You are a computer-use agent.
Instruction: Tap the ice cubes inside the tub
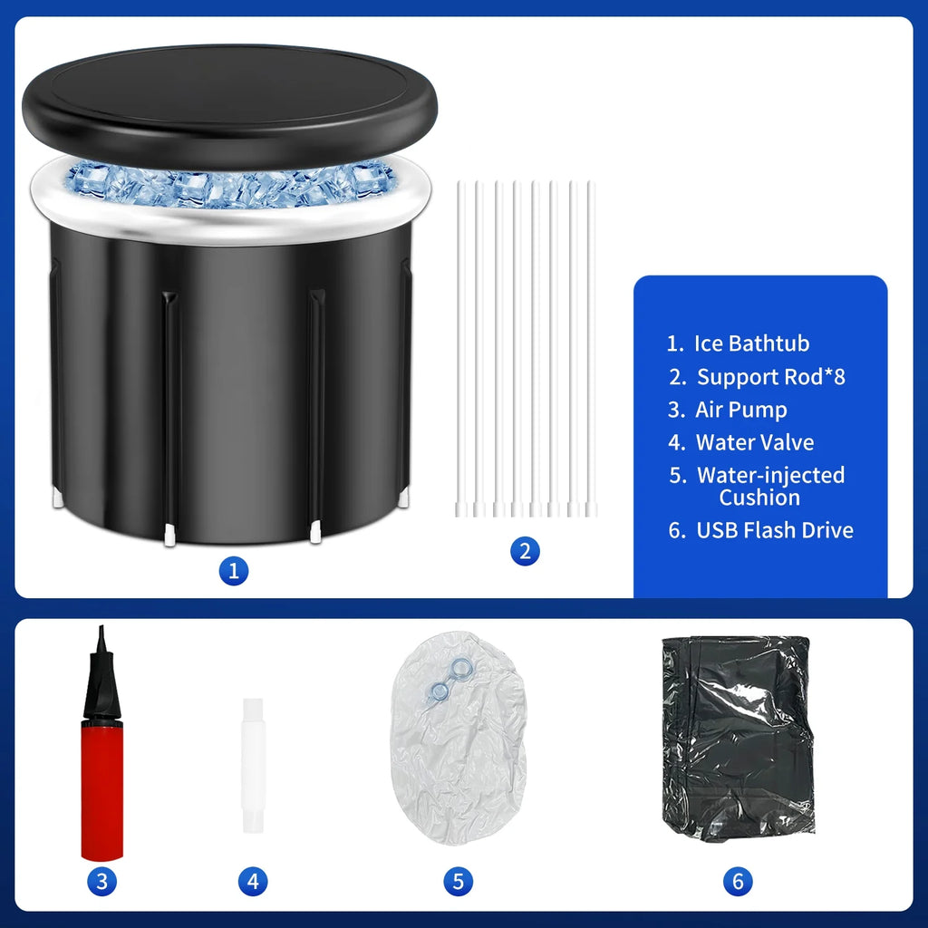click(x=227, y=186)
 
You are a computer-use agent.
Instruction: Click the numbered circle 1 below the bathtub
click(x=233, y=571)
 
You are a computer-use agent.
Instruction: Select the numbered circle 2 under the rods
click(x=525, y=550)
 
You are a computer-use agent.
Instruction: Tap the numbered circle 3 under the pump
click(x=101, y=880)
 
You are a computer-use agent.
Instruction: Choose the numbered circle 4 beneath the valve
click(x=253, y=880)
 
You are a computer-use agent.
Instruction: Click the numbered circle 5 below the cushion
click(x=458, y=880)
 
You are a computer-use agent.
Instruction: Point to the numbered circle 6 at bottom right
click(x=738, y=880)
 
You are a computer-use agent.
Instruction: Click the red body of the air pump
click(x=101, y=788)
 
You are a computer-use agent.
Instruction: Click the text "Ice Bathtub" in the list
click(x=751, y=343)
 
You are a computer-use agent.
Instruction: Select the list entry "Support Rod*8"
click(x=770, y=377)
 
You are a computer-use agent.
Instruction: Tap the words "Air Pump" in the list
click(x=740, y=410)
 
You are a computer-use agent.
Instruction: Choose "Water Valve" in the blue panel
click(x=754, y=442)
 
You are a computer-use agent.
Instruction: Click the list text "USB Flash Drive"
click(x=774, y=530)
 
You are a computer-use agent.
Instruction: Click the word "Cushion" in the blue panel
click(x=759, y=498)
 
